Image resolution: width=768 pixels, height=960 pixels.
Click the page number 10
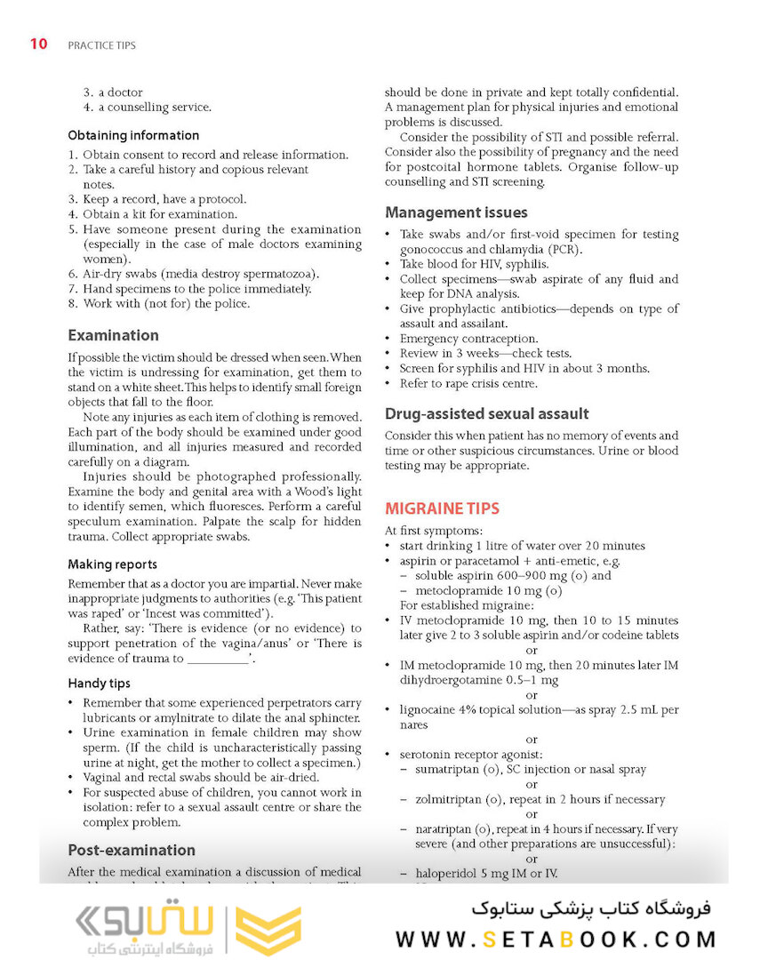coord(38,44)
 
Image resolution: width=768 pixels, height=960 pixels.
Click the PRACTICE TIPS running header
coord(101,45)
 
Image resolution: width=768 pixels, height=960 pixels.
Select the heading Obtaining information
coord(133,136)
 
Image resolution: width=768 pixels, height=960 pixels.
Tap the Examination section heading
coord(113,336)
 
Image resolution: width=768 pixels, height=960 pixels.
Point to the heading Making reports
coord(112,564)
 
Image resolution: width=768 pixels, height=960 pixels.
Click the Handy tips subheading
coord(99,684)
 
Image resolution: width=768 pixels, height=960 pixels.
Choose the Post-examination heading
coord(132,850)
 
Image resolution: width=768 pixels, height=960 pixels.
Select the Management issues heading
coord(456,212)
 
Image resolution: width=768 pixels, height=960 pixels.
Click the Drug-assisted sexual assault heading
coord(486,414)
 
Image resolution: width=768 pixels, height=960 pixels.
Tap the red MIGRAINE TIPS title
coord(442,508)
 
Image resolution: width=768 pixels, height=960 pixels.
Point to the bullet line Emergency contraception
coord(468,339)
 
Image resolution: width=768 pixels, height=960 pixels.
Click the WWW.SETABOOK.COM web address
coord(556,939)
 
